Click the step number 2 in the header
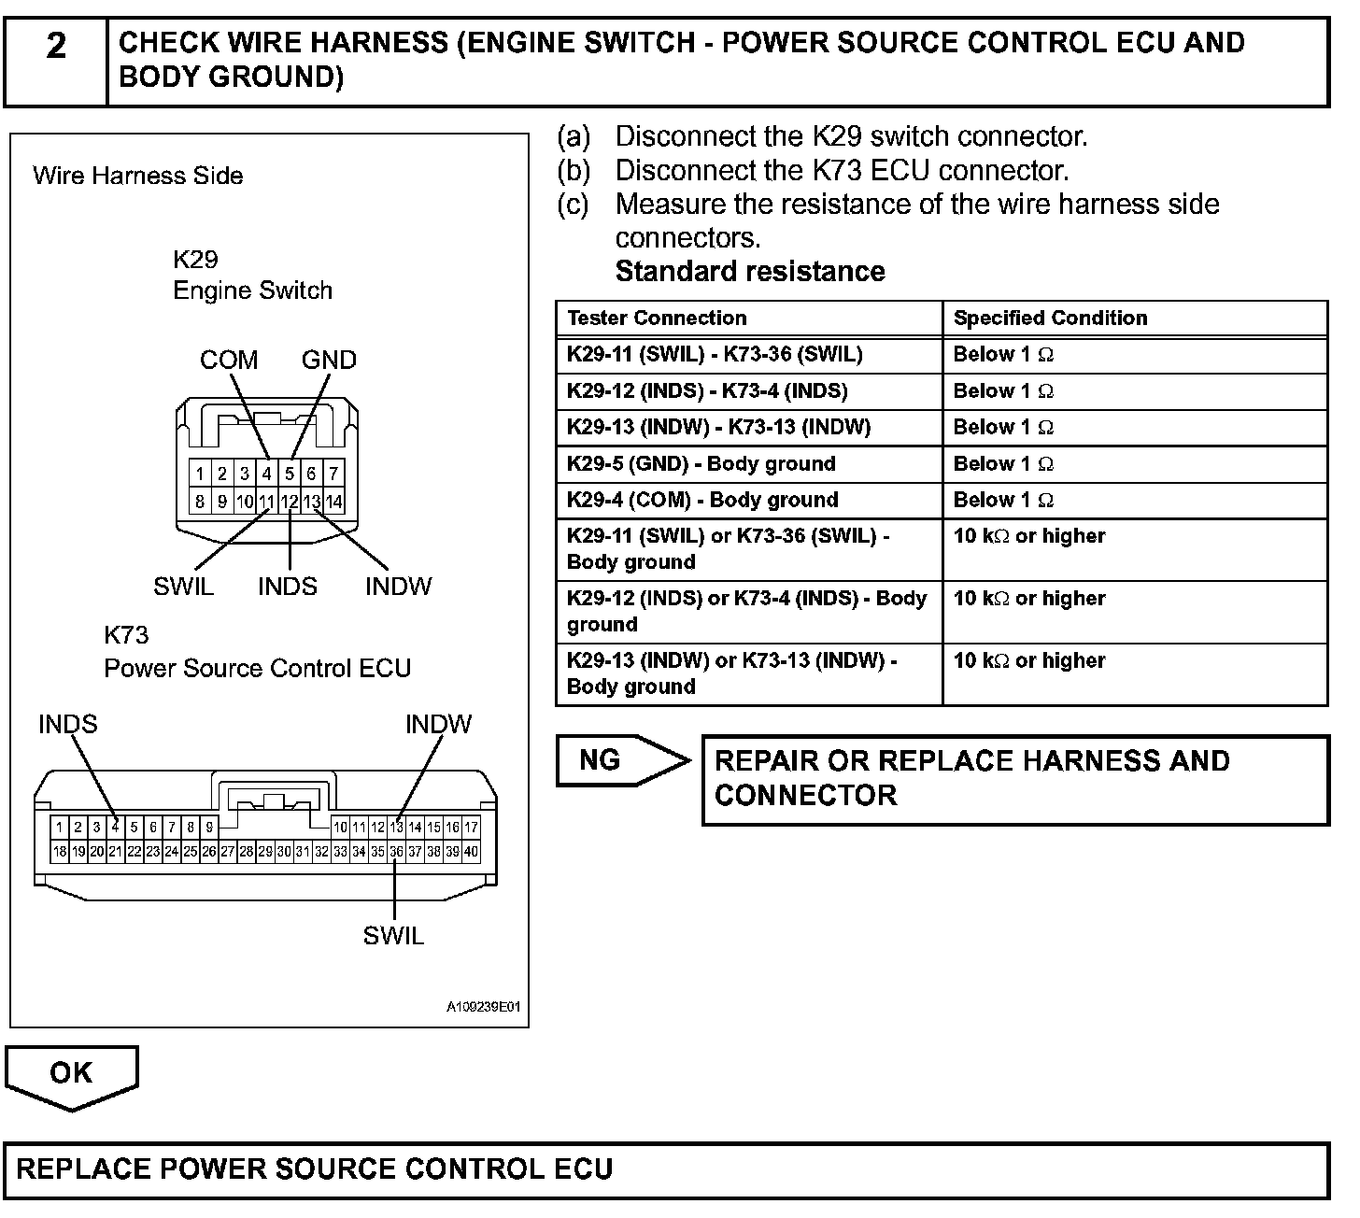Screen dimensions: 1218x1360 pos(56,46)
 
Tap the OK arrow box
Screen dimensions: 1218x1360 pos(71,1073)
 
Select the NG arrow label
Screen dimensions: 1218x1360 pos(600,760)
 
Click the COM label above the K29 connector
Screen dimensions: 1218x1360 pos(229,360)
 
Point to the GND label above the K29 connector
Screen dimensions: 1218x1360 pos(329,360)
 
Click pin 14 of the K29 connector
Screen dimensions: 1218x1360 pos(333,502)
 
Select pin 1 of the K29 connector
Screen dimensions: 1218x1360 pos(200,474)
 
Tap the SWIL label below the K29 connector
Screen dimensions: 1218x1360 pos(183,587)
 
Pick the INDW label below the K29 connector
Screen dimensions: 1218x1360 pos(398,587)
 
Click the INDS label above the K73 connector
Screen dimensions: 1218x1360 pos(67,724)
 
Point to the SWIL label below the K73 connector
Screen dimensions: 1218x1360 pos(393,935)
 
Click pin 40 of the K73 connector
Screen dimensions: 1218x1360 pos(472,852)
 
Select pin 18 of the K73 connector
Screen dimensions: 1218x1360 pos(60,852)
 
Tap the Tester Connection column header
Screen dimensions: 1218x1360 pos(657,318)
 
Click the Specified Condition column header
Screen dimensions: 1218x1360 pos(1050,318)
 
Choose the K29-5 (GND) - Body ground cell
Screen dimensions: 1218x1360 pos(701,463)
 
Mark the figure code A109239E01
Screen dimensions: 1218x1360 pos(483,1008)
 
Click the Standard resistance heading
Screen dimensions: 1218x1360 pos(750,271)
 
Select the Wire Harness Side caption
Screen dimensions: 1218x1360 pos(138,176)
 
